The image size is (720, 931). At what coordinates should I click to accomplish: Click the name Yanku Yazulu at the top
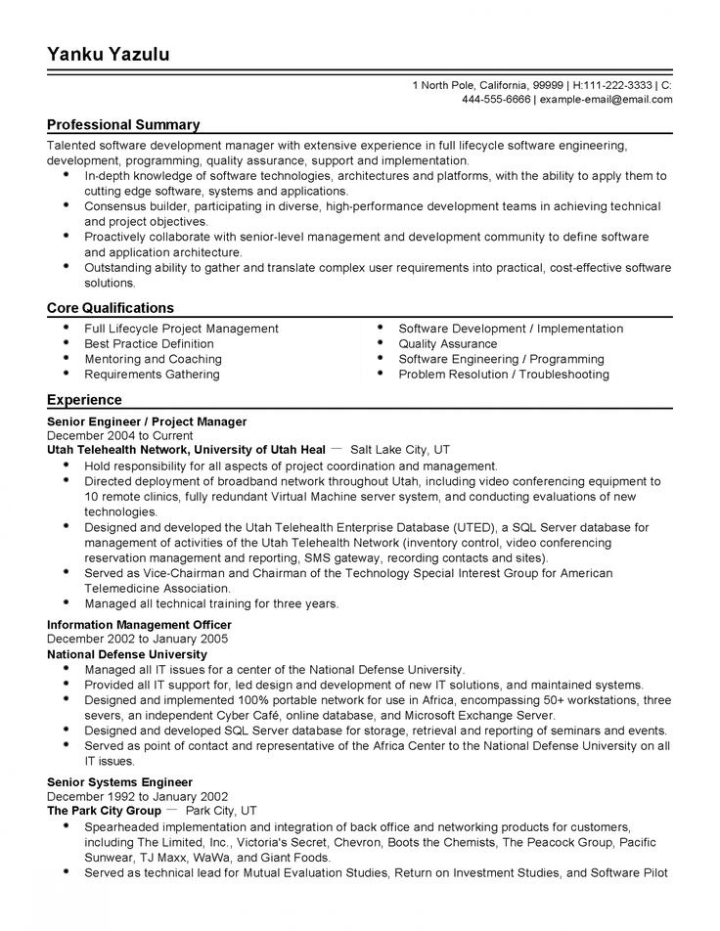coord(109,55)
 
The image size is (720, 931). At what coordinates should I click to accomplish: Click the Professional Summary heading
coord(123,125)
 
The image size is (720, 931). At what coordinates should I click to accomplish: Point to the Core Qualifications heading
coord(111,308)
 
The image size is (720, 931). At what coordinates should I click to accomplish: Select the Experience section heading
coord(84,400)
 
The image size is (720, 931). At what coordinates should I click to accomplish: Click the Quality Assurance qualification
coord(447,344)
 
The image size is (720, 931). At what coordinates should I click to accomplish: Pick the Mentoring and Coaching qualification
coord(153,359)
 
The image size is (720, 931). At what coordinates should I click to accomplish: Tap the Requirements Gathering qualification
coord(152,375)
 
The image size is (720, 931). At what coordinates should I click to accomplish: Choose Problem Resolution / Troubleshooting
coord(503,375)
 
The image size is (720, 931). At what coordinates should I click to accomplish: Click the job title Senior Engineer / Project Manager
coord(147,421)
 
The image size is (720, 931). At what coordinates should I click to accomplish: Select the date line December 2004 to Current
coord(119,436)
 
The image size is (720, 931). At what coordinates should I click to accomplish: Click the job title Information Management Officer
coord(139,624)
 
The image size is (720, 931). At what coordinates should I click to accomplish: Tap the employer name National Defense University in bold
coord(127,654)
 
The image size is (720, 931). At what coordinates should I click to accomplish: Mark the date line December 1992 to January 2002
coord(137,797)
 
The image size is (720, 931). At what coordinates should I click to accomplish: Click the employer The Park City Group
coord(104,812)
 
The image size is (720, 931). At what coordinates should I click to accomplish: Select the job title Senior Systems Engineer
coord(120,782)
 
